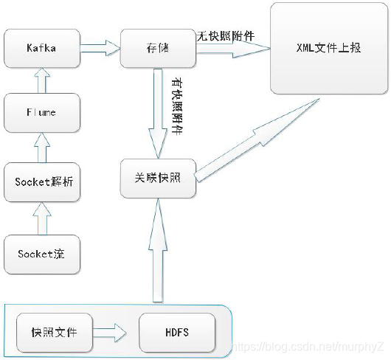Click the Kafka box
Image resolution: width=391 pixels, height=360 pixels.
[x=41, y=48]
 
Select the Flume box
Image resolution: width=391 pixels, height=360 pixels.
[x=41, y=114]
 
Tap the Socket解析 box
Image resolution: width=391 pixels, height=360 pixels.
[x=41, y=180]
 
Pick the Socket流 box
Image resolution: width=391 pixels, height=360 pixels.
[x=41, y=254]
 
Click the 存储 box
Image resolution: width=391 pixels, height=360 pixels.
[x=157, y=48]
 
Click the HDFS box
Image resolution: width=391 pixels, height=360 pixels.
[x=177, y=332]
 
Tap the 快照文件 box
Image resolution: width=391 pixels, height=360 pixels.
[x=53, y=332]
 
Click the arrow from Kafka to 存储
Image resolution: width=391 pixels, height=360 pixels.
[x=98, y=48]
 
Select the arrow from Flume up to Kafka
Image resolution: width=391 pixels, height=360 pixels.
[x=42, y=81]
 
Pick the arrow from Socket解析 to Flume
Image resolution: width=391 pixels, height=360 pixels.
[x=42, y=147]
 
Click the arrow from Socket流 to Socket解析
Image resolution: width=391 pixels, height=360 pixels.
[x=42, y=217]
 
